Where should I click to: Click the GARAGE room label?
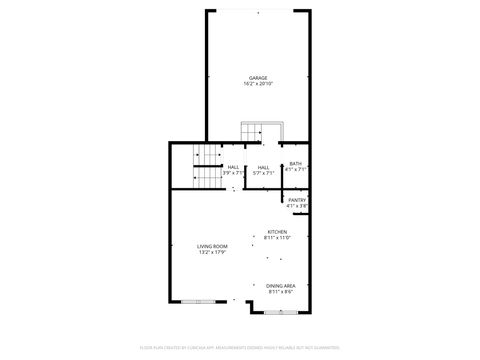(258, 77)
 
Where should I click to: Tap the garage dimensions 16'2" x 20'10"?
(258, 83)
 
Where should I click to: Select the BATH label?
(295, 164)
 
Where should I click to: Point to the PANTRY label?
(297, 200)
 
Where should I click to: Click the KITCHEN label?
(277, 232)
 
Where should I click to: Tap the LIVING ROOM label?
(212, 246)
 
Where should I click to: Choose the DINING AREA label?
(280, 286)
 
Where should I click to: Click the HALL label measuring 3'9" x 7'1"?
(233, 167)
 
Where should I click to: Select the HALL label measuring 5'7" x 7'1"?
(263, 167)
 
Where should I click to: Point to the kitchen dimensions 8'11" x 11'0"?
(277, 238)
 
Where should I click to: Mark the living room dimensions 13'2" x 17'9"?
(212, 252)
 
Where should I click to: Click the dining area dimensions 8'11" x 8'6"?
(280, 292)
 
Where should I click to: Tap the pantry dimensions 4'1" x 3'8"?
(297, 206)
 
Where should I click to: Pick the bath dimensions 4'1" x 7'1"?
(295, 170)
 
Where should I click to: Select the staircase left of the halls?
(205, 166)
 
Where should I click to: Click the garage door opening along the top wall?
(258, 10)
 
